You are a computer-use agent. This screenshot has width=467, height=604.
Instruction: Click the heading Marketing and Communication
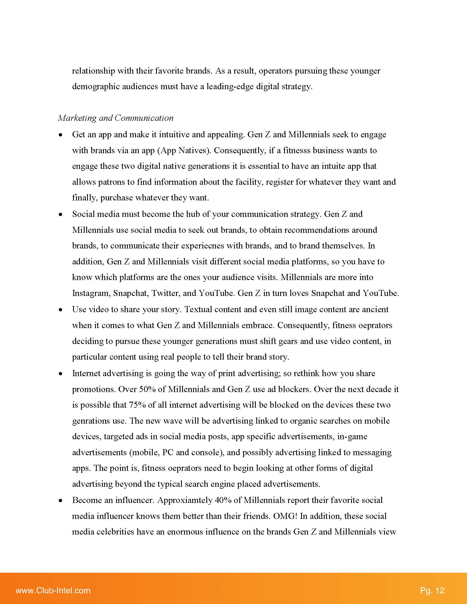coord(116,118)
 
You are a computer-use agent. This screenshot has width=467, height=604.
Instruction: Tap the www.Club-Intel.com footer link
coord(53,591)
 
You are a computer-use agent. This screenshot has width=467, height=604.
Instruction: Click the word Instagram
coord(91,293)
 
